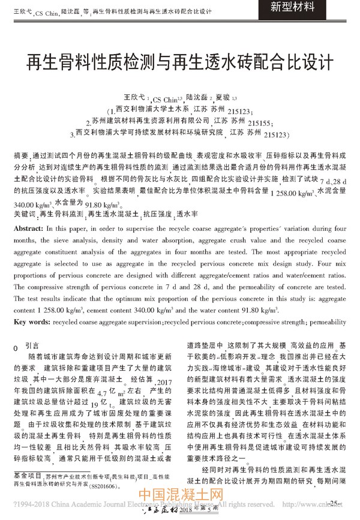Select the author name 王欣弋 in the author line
[134, 97]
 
